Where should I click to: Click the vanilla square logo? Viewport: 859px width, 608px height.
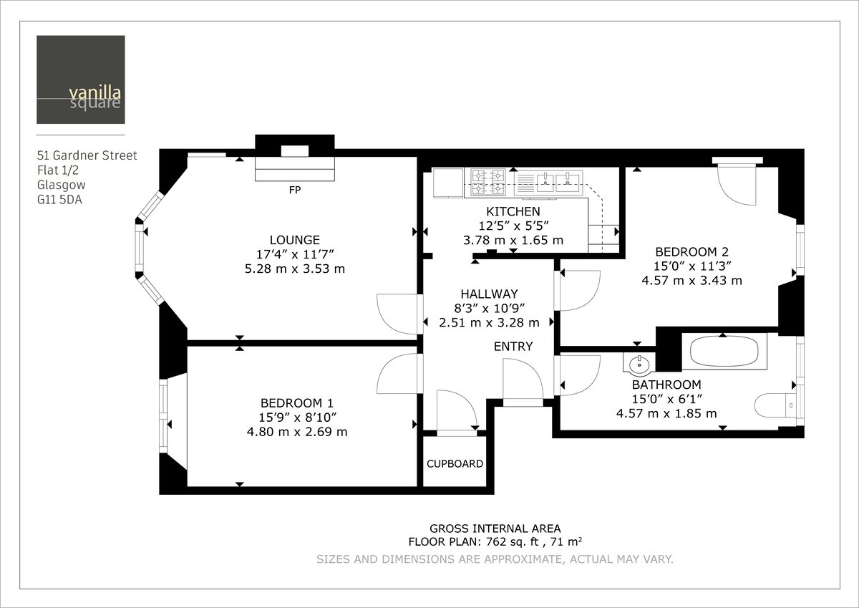coord(81,79)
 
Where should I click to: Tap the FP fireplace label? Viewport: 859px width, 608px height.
coord(294,191)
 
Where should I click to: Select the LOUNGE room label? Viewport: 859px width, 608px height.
coord(294,240)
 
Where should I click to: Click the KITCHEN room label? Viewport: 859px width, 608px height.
coord(513,211)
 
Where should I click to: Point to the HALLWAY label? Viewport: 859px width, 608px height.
coord(489,294)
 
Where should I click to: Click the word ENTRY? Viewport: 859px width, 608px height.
coord(513,347)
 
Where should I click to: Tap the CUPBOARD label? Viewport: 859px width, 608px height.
coord(455,463)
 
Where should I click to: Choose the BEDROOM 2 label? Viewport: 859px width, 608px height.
coord(691,251)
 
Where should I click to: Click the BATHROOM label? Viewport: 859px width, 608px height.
coord(666,385)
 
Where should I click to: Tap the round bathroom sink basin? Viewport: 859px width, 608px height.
coord(636,365)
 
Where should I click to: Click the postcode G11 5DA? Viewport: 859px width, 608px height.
coord(59,200)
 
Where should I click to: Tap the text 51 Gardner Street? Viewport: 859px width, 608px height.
coord(87,155)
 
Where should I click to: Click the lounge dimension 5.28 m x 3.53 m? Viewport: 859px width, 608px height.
coord(294,269)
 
